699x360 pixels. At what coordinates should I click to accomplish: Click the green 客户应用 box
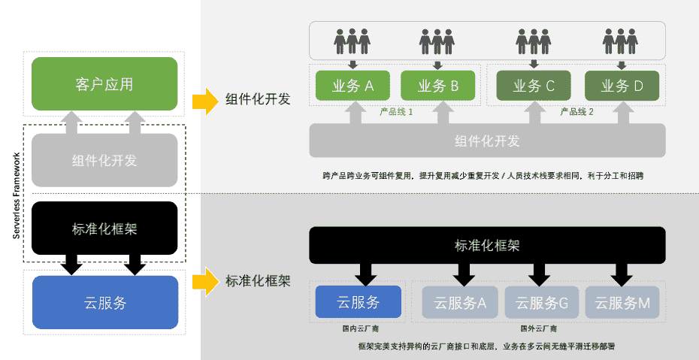(x=104, y=83)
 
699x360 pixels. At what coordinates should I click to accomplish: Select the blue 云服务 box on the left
(x=104, y=303)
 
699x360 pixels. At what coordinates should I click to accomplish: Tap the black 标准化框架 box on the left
(x=104, y=228)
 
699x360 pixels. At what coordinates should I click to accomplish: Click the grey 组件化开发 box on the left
(x=104, y=160)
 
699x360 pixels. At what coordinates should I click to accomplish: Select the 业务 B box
(x=438, y=86)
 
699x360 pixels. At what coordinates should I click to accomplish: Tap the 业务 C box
(x=534, y=86)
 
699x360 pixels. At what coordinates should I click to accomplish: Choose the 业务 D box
(x=622, y=86)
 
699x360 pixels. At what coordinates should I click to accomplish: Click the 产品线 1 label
(x=397, y=111)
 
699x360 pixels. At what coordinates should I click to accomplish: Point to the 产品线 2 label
(x=577, y=111)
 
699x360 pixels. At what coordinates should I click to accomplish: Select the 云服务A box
(x=459, y=303)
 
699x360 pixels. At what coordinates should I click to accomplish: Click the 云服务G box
(x=542, y=303)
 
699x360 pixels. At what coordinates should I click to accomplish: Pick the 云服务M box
(x=622, y=303)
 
